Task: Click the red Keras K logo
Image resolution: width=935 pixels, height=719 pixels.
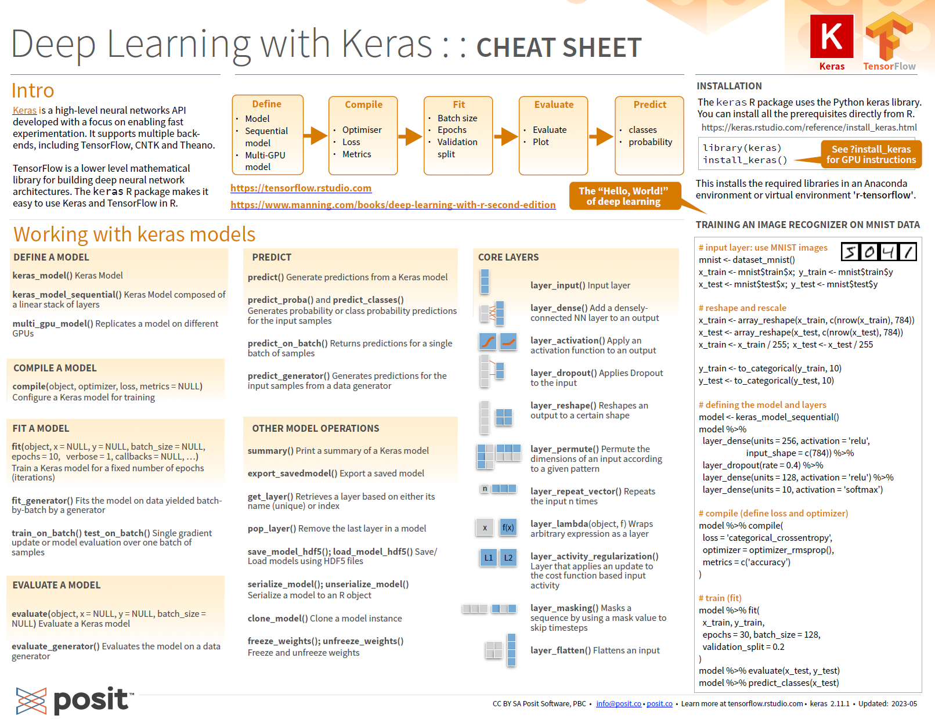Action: coord(831,36)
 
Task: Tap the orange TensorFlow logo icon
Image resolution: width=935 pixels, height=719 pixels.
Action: coord(889,36)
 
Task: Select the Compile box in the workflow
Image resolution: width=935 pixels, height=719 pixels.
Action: coord(363,135)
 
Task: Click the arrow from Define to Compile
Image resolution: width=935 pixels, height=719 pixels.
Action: coord(316,136)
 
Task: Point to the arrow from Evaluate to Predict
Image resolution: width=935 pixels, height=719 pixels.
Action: coord(601,136)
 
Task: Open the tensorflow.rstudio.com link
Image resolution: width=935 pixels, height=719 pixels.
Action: coord(301,188)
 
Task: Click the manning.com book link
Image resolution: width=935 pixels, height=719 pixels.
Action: coord(393,205)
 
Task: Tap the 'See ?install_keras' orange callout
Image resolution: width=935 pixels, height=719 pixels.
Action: coord(871,154)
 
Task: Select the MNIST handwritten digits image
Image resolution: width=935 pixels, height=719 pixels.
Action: coord(879,252)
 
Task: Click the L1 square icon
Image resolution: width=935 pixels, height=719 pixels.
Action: coord(488,558)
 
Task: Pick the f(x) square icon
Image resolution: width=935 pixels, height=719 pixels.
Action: coord(508,527)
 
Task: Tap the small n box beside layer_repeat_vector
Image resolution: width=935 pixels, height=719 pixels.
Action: coord(485,489)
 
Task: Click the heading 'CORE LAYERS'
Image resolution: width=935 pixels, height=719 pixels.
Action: coord(508,257)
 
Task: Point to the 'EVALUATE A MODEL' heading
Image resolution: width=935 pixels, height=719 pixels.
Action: coord(56,586)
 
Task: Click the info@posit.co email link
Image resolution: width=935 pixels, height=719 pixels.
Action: coord(618,703)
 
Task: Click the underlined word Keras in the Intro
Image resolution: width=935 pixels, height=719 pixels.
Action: coord(24,110)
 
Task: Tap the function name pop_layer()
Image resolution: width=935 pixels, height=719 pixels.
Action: coord(272,529)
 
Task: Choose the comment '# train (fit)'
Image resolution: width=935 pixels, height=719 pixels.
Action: coord(720,598)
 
